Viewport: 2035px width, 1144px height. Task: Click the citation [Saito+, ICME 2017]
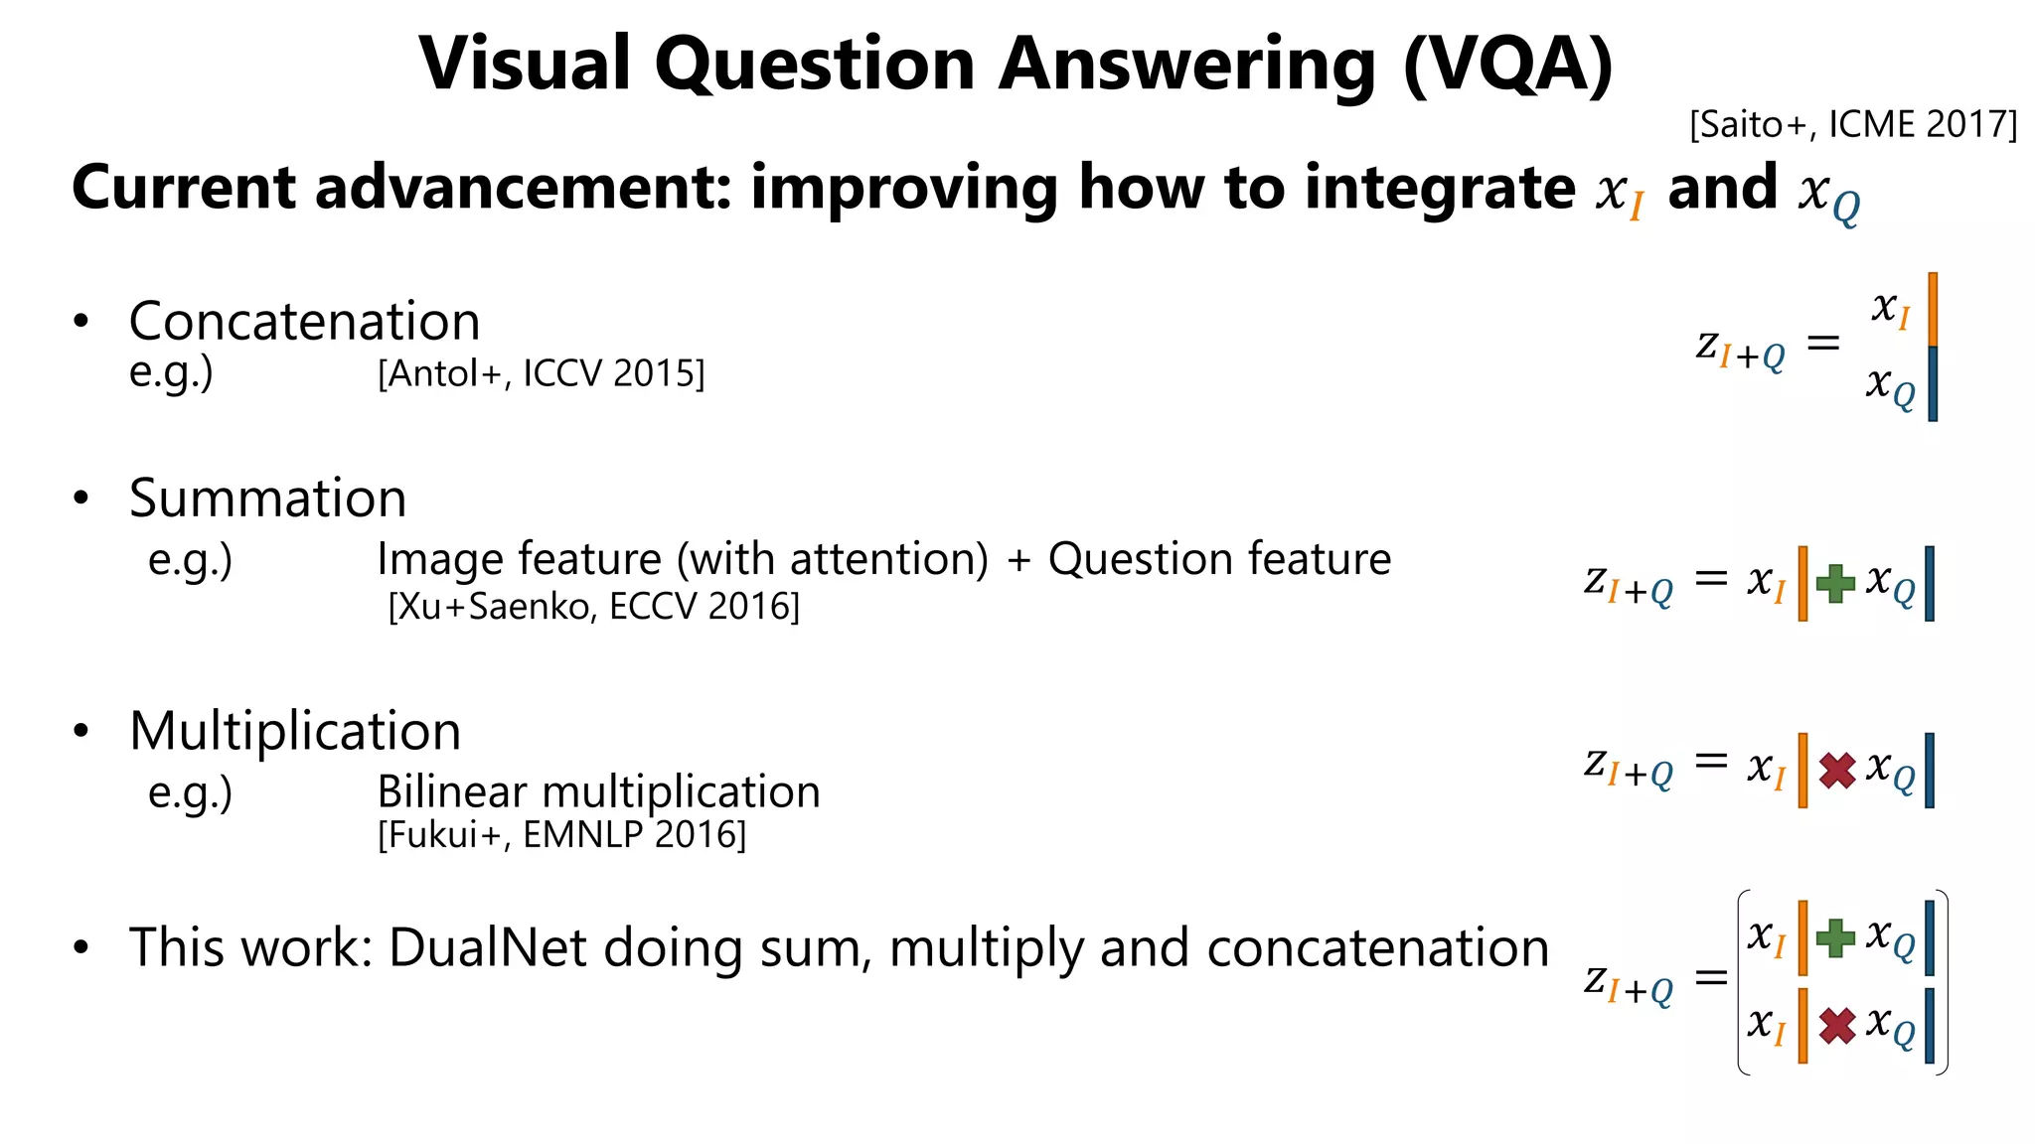(1853, 125)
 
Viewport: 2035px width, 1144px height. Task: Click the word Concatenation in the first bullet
(304, 322)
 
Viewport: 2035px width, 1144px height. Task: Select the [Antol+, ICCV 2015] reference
(541, 374)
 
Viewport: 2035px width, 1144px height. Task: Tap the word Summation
(267, 499)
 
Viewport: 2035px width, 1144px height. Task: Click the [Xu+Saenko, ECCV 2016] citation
(593, 606)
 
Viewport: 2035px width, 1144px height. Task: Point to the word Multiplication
(295, 732)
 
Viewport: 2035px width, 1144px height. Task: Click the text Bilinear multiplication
(598, 792)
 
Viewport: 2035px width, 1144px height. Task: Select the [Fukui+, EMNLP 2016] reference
(561, 835)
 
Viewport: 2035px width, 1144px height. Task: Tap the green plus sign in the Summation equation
(1835, 583)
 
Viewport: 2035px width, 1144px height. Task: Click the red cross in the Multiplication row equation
(1837, 771)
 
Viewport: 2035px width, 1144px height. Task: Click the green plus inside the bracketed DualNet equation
(1835, 937)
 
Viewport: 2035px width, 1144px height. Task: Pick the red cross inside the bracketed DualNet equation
(1837, 1026)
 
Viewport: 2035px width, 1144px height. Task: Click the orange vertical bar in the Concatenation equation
(1933, 310)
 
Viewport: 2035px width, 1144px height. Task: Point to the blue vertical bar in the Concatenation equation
(1933, 384)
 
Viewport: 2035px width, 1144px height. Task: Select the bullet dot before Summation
(81, 499)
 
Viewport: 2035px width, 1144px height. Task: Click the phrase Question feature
(1219, 559)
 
